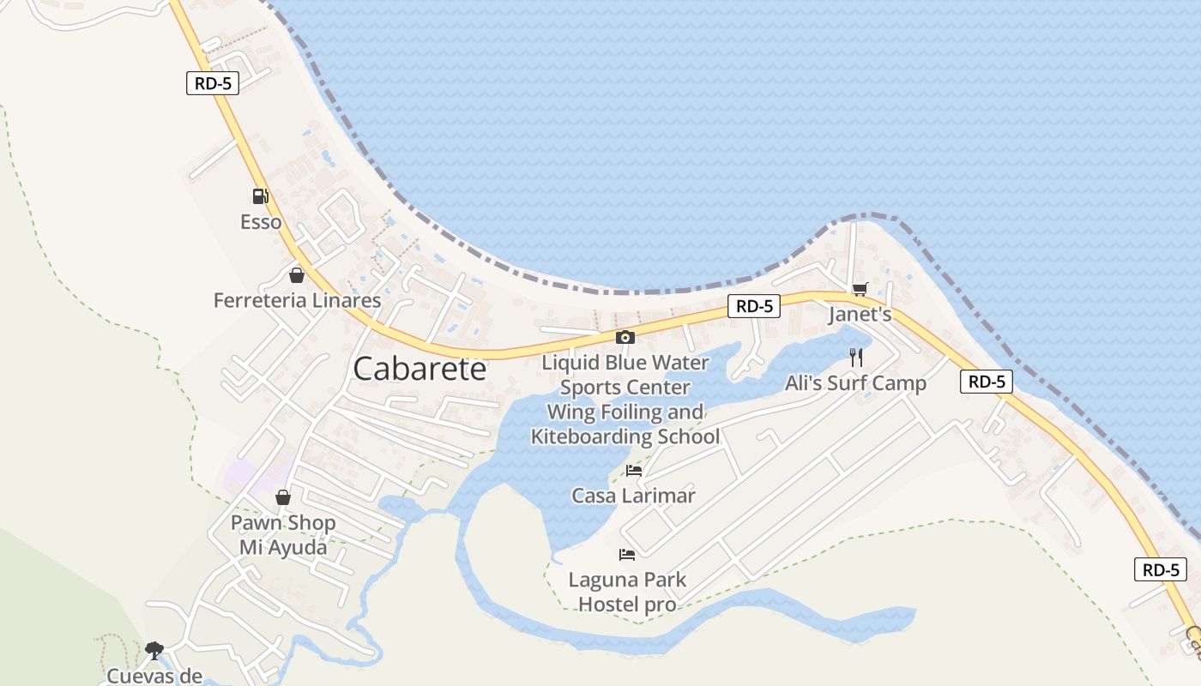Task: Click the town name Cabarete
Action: pyautogui.click(x=419, y=369)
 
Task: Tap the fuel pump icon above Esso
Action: pyautogui.click(x=261, y=196)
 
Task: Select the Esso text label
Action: pyautogui.click(x=261, y=222)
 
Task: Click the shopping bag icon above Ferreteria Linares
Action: pyautogui.click(x=297, y=275)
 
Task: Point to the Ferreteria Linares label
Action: pyautogui.click(x=297, y=300)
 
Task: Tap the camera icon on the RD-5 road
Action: pyautogui.click(x=625, y=337)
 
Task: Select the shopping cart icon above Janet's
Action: pyautogui.click(x=860, y=289)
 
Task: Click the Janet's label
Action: pyautogui.click(x=860, y=315)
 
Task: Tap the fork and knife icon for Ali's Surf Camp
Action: pyautogui.click(x=856, y=358)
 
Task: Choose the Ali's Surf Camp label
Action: pyautogui.click(x=856, y=383)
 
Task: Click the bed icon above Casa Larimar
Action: pyautogui.click(x=634, y=470)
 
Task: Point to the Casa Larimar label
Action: pyautogui.click(x=634, y=496)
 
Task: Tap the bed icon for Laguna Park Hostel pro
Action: pyautogui.click(x=627, y=555)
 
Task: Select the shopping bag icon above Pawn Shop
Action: pyautogui.click(x=283, y=497)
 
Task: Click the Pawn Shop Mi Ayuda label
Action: pyautogui.click(x=283, y=535)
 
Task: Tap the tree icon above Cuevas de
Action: pyautogui.click(x=154, y=650)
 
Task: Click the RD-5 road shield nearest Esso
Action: pyautogui.click(x=213, y=83)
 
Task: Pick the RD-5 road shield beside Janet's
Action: pyautogui.click(x=754, y=306)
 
